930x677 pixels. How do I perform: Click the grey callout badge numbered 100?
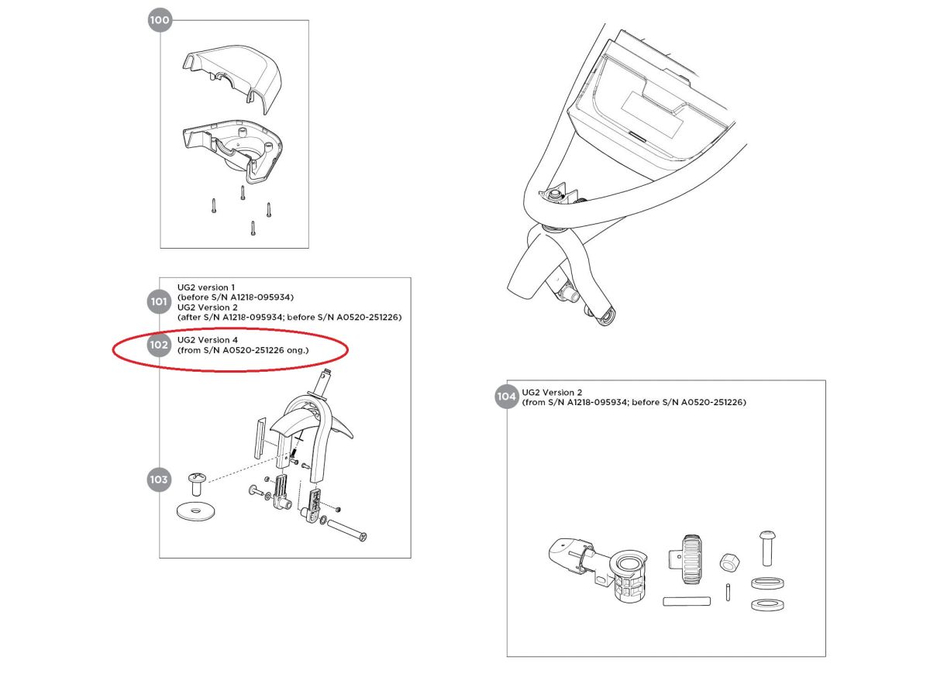[x=159, y=21]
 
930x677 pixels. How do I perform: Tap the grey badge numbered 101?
[x=159, y=302]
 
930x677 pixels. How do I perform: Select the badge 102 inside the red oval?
[x=159, y=345]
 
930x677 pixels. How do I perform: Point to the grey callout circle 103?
[x=159, y=479]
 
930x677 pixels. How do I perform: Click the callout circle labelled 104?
[x=506, y=397]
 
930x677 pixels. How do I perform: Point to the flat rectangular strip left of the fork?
[x=260, y=438]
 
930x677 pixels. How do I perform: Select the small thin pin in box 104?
[x=729, y=590]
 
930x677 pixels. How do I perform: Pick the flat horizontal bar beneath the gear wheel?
[x=687, y=600]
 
